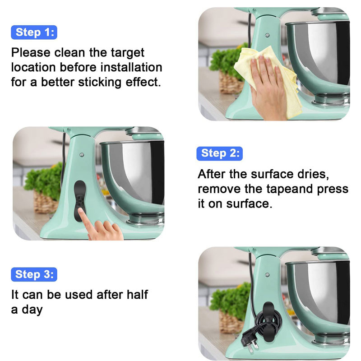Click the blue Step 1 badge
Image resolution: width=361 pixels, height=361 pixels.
pyautogui.click(x=34, y=32)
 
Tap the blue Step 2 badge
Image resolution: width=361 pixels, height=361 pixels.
pyautogui.click(x=219, y=153)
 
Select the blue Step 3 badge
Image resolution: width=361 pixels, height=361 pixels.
pyautogui.click(x=34, y=274)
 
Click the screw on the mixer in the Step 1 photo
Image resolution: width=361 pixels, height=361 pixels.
pyautogui.click(x=267, y=36)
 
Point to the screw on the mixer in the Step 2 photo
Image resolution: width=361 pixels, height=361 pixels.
pyautogui.click(x=82, y=155)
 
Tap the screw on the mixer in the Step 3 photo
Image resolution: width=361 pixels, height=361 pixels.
pyautogui.click(x=267, y=275)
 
